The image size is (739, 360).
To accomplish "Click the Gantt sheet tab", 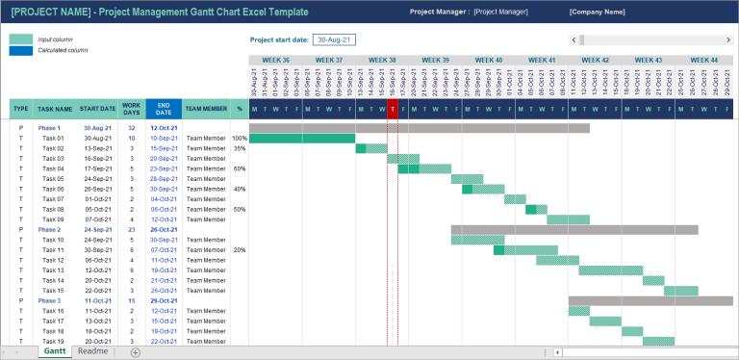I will (x=55, y=352).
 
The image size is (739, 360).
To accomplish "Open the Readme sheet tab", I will (x=93, y=352).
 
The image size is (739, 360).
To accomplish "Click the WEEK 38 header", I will (x=382, y=60).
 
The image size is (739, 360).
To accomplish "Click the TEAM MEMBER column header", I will (x=206, y=110).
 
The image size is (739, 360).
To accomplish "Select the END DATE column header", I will (x=164, y=110).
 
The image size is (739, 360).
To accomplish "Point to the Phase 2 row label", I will (x=49, y=229).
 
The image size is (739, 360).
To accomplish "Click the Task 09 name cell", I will (x=53, y=219).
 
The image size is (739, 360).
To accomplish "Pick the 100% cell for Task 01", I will (x=239, y=139).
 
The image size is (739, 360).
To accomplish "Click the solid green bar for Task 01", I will (x=302, y=139).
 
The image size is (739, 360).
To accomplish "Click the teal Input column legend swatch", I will (x=20, y=39).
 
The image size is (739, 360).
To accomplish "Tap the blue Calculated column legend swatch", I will (x=20, y=50).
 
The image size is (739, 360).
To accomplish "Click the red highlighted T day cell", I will (x=393, y=110).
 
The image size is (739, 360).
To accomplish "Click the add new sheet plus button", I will (x=136, y=352).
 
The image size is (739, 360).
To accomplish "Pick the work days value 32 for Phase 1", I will (x=132, y=128).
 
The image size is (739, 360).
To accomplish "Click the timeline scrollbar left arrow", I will (x=573, y=39).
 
